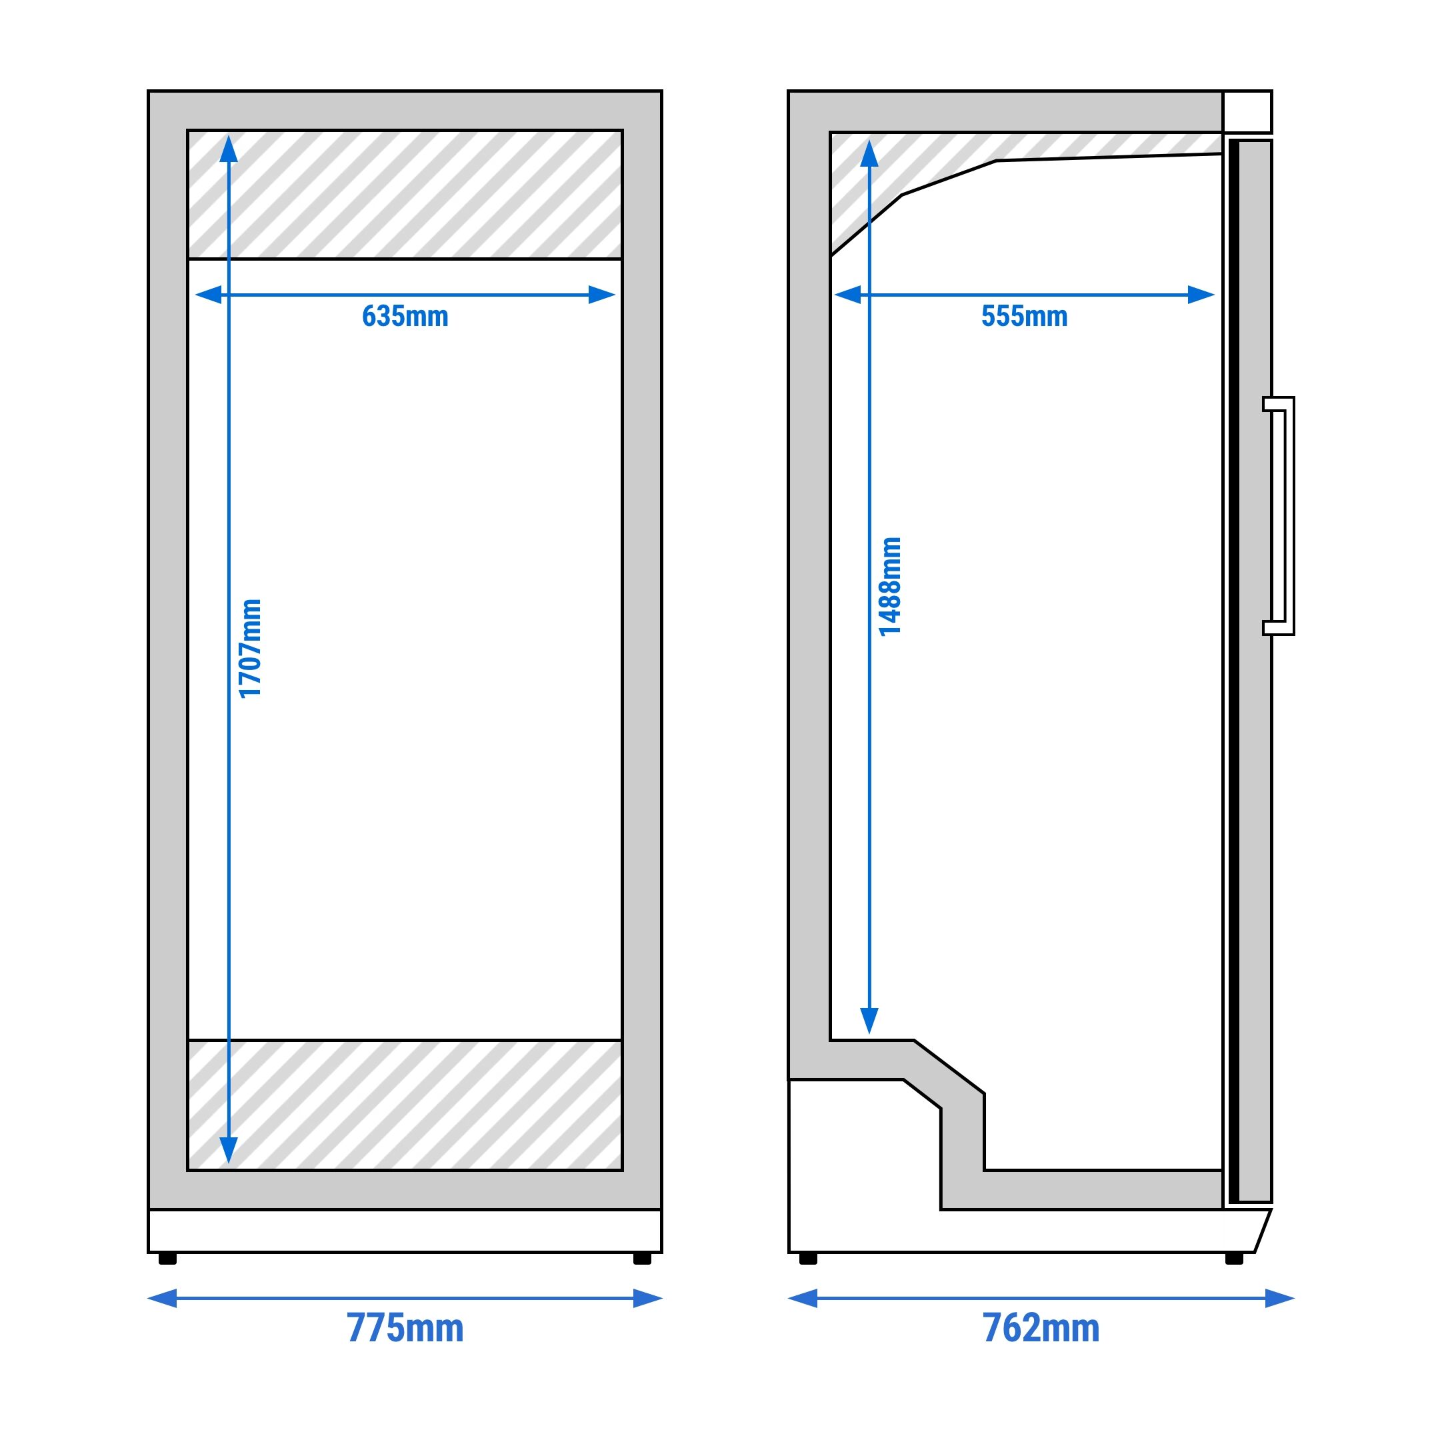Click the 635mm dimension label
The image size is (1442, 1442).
(405, 317)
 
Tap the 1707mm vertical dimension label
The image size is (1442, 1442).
(250, 648)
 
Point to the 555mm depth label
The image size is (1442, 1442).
(1024, 317)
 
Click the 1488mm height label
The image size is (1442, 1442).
(891, 587)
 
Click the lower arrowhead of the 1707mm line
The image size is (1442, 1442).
(229, 1150)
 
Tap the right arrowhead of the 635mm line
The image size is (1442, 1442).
(601, 295)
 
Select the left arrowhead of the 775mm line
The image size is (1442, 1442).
(163, 1298)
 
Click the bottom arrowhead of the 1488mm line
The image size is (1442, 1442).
(869, 1019)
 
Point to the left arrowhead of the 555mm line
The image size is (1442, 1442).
(848, 295)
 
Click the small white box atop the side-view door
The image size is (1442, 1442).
(1247, 112)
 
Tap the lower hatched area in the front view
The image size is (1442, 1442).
(405, 1105)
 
